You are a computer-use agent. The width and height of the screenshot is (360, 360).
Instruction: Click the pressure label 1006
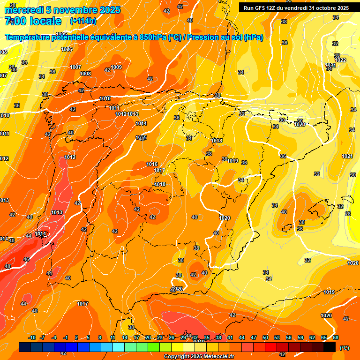coord(67,49)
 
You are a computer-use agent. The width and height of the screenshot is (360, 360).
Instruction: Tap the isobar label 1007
coord(75,67)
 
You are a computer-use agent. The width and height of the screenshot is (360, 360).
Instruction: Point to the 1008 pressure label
coord(85,74)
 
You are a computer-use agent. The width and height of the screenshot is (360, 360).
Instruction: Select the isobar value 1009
coord(116,67)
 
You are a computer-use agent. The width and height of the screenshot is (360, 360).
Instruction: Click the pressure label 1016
coord(152,164)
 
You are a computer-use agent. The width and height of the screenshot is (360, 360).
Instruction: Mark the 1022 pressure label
coord(340,60)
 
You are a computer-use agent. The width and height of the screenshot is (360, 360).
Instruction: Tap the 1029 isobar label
coord(300,124)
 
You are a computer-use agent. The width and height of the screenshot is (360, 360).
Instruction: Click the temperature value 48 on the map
coord(7,266)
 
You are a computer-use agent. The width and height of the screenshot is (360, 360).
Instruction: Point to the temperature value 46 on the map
coord(26,259)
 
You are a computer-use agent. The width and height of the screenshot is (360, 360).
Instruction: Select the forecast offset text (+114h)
coord(83,21)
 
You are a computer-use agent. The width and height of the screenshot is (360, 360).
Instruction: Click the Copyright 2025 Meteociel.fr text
coord(199,356)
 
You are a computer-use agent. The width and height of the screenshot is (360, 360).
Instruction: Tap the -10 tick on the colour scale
coord(32,337)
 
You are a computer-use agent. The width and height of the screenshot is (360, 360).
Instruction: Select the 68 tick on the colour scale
coord(336,337)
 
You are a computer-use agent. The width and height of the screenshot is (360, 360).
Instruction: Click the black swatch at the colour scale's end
coord(330,347)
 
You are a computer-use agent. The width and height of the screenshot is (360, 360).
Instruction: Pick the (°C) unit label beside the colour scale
coord(345,348)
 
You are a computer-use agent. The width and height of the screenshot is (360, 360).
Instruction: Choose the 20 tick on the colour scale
coord(148,337)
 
